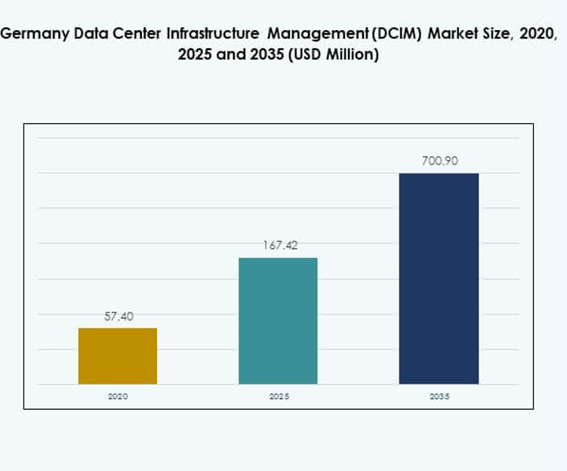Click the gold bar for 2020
tap(118, 356)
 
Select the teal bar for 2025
tap(278, 321)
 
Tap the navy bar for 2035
tap(439, 279)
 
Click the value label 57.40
tap(119, 317)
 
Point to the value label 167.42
tap(279, 246)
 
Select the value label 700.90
tap(439, 161)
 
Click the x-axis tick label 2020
tap(118, 396)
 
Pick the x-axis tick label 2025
tap(279, 396)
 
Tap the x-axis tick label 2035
tap(439, 396)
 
